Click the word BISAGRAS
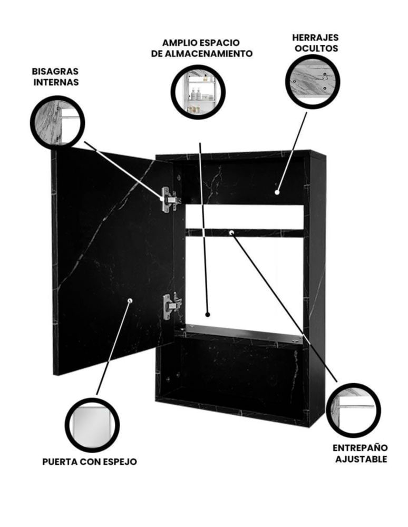pos(55,71)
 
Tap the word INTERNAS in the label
pos(56,82)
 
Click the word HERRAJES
pos(315,37)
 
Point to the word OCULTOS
pos(316,48)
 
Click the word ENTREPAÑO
pos(360,448)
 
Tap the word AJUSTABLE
pos(361,459)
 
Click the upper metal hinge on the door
pos(170,199)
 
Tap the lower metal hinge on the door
pos(171,306)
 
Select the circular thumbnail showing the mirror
pos(92,426)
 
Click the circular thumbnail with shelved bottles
pos(198,92)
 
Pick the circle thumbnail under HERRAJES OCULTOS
pos(313,81)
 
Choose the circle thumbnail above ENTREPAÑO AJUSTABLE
pos(353,410)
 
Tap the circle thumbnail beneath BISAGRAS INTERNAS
pos(57,122)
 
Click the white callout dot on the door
pos(130,300)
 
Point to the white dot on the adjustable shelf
pos(231,232)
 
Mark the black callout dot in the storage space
pos(208,315)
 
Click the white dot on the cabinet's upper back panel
pos(277,192)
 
